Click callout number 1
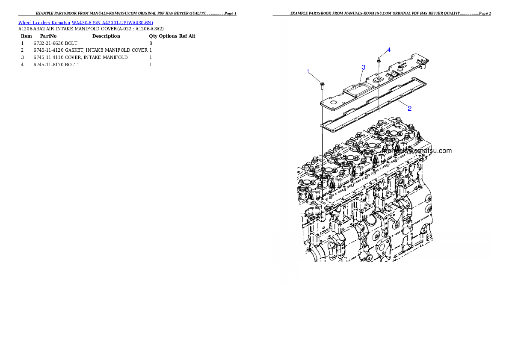pyautogui.click(x=308, y=71)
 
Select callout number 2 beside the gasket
pyautogui.click(x=409, y=108)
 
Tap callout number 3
pyautogui.click(x=363, y=67)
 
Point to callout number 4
pyautogui.click(x=388, y=50)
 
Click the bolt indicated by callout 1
pyautogui.click(x=322, y=84)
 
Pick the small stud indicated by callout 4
pyautogui.click(x=379, y=59)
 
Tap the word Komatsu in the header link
pyautogui.click(x=61, y=23)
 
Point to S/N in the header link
pyautogui.click(x=96, y=23)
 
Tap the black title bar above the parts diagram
pyautogui.click(x=382, y=15)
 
